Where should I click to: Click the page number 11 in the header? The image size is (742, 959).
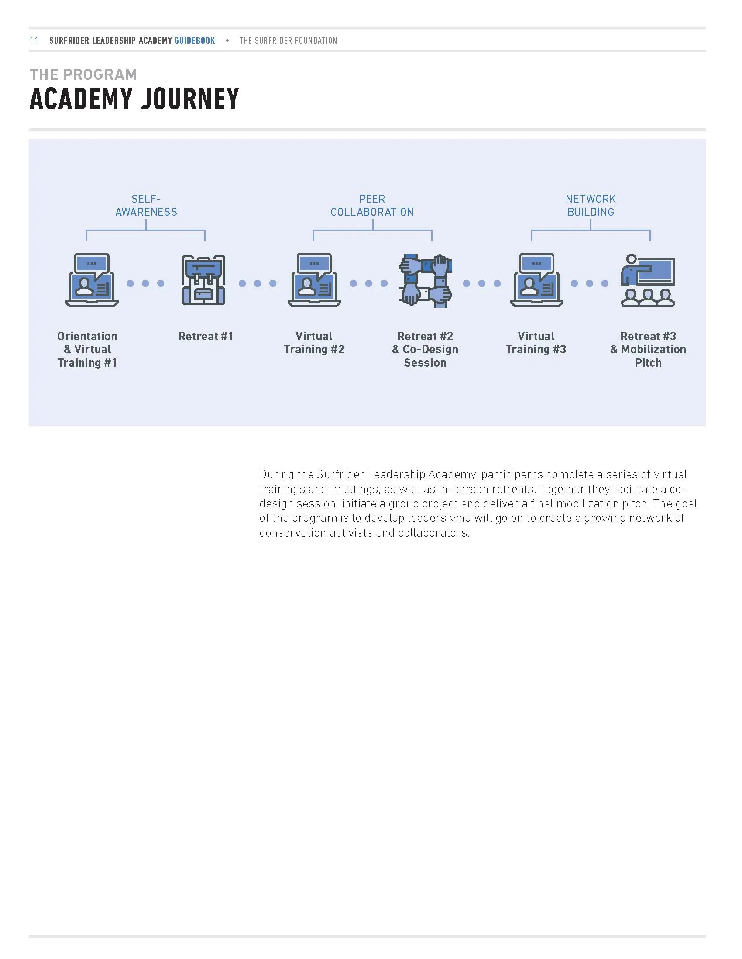point(34,41)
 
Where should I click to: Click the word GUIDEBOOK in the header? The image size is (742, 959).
point(195,41)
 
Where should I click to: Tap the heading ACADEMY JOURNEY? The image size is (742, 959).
point(134,99)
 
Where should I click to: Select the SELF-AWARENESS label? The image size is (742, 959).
point(146,205)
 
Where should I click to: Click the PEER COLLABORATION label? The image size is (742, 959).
point(372,205)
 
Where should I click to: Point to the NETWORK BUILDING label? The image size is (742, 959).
point(591,205)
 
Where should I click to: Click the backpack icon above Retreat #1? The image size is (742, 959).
point(203,280)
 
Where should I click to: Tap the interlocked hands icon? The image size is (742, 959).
point(426,280)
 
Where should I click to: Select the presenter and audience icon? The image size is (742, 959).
point(647,280)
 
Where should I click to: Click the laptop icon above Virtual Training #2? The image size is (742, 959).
point(314,280)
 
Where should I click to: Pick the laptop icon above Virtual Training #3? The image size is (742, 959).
point(536,280)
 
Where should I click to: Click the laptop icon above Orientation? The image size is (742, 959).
point(91,280)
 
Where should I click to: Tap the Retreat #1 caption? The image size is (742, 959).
point(205,336)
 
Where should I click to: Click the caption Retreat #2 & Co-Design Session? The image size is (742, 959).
point(425,349)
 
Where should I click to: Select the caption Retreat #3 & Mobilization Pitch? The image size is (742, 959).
point(648,349)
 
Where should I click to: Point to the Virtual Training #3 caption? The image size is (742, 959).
point(536,343)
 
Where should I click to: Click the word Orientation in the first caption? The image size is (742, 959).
point(87,336)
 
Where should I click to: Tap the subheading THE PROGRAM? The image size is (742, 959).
point(83,75)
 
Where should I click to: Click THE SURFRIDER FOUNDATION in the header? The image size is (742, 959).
point(288,41)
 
